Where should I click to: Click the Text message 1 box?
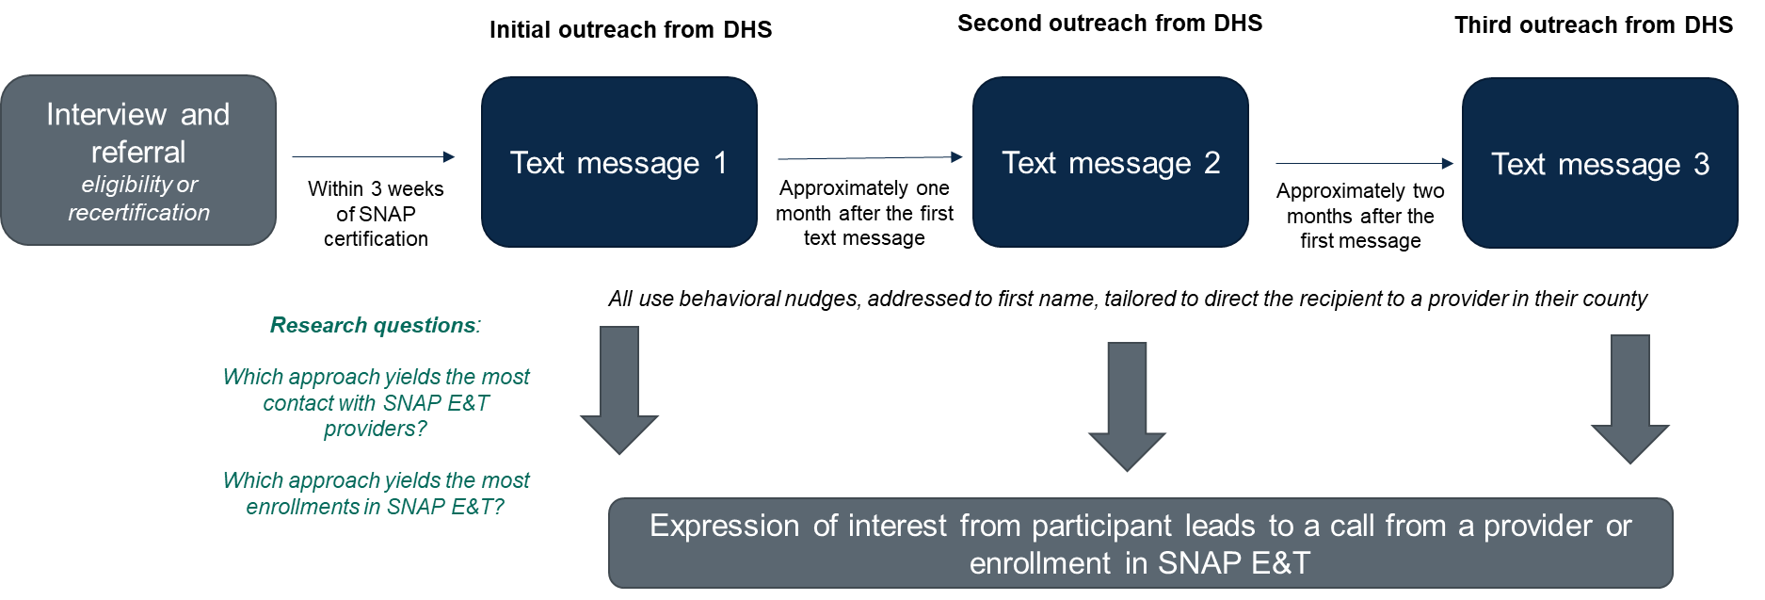618,162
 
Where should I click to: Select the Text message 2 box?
1110,162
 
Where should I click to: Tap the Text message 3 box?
1599,163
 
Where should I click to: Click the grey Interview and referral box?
138,160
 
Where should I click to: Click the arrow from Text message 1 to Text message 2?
869,158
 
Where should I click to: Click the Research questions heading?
375,326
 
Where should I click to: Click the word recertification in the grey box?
139,213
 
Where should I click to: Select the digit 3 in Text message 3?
1701,165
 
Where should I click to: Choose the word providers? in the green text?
375,430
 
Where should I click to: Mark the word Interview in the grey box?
106,115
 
